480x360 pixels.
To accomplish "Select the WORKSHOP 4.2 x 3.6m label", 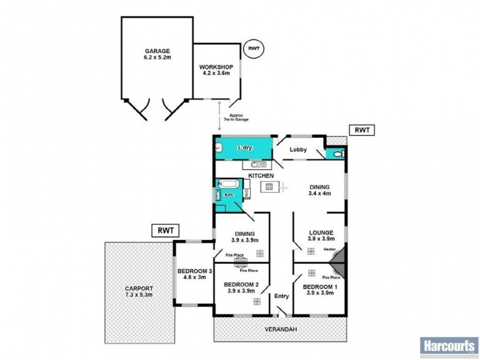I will click(x=217, y=69).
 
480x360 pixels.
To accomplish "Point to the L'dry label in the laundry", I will click(x=244, y=148).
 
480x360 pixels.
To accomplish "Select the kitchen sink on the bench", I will click(x=256, y=164).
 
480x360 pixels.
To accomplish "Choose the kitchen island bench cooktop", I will click(x=269, y=188).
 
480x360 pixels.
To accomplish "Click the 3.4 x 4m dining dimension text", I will click(x=320, y=193).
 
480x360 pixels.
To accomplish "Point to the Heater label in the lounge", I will click(x=329, y=249).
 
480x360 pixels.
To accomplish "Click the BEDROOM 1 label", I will click(x=320, y=287).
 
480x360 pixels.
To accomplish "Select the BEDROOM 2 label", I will click(x=241, y=284).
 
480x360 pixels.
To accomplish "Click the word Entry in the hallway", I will click(x=281, y=296).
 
